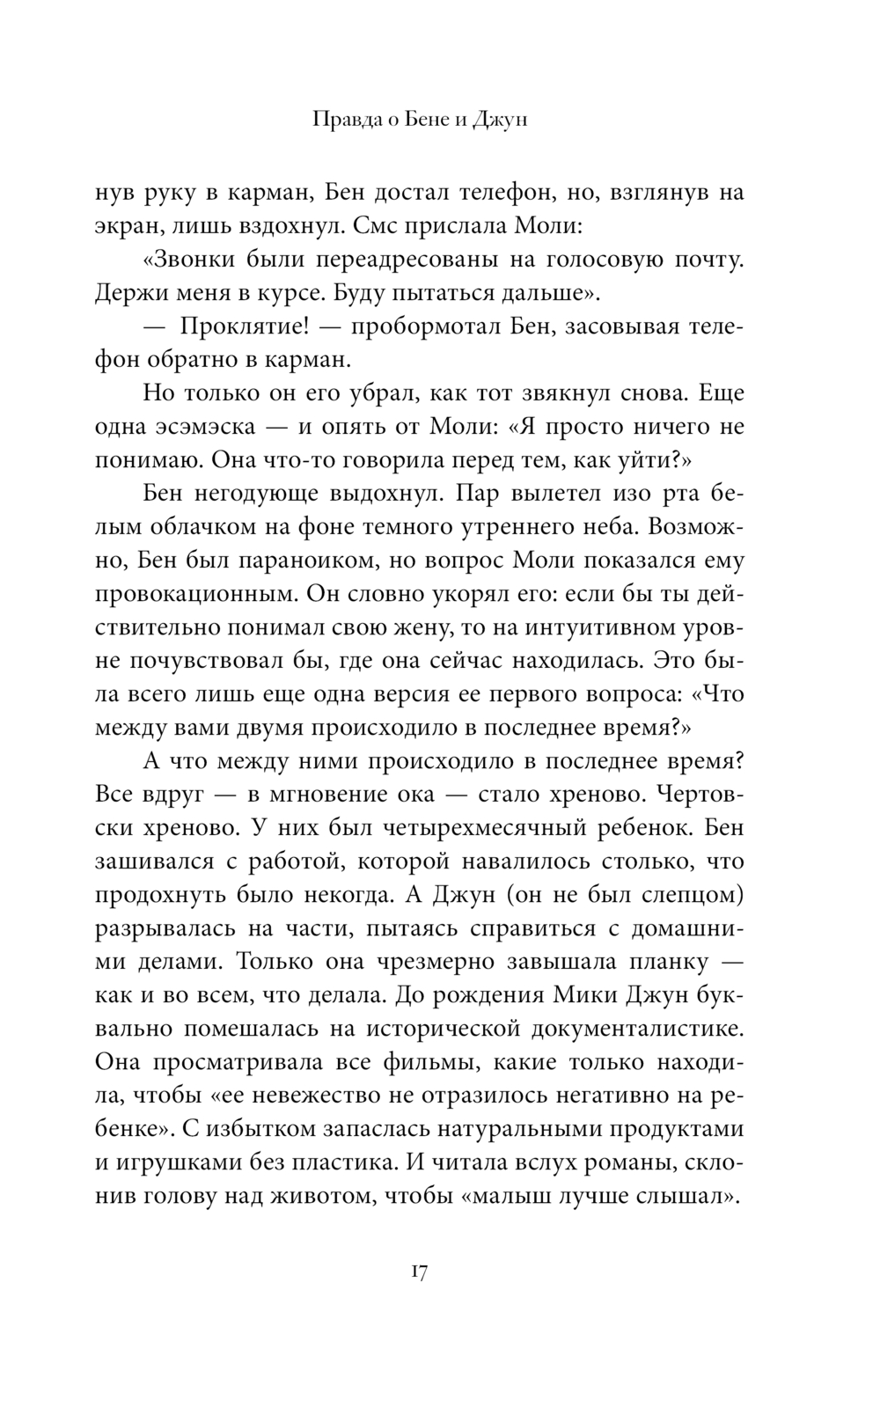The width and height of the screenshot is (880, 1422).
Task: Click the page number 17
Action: point(418,1272)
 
